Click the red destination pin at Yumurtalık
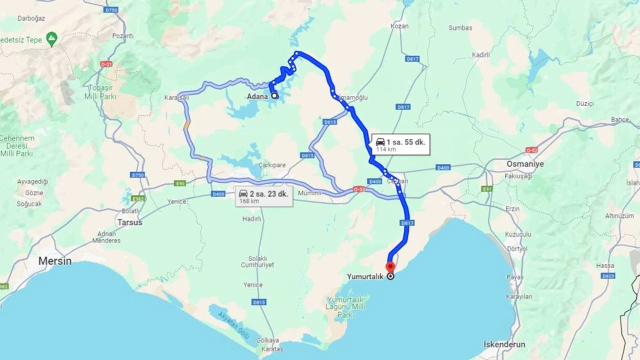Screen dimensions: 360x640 coord(390,266)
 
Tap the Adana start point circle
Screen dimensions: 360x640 coord(274,95)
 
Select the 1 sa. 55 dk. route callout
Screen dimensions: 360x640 coord(400,144)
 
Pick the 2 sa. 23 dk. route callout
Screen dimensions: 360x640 coord(264,196)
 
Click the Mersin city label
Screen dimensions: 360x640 coord(55,261)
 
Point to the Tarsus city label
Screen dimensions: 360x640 coord(129,222)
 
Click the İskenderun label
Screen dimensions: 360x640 coord(504,344)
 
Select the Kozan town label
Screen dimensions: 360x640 coord(400,26)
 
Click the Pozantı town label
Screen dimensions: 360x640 coord(122,36)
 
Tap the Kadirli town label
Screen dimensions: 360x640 coord(480,55)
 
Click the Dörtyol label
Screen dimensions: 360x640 coord(516,248)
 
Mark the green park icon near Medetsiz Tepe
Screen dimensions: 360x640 coord(51,37)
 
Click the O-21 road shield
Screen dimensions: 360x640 coord(106,64)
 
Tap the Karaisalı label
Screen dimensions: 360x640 coord(176,97)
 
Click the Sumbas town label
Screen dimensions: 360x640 coord(460,28)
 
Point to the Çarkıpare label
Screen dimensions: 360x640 coord(272,164)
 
